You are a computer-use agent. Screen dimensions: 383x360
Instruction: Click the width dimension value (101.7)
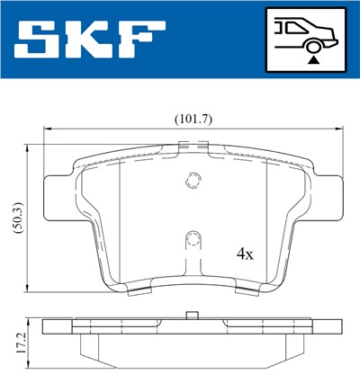click(193, 118)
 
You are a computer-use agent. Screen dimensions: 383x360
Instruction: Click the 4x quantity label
click(245, 254)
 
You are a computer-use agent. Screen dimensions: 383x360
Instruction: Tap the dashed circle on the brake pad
click(191, 181)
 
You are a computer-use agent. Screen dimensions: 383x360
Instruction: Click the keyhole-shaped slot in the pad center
click(191, 244)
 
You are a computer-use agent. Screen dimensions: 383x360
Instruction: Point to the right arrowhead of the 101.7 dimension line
click(341, 130)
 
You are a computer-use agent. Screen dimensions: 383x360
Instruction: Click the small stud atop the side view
click(191, 315)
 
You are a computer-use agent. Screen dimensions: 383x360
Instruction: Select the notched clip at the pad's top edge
click(190, 147)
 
